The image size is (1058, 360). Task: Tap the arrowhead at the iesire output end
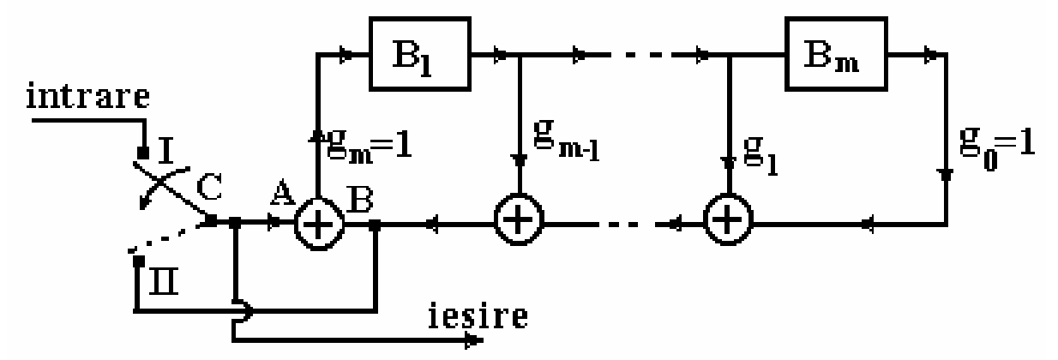click(x=471, y=341)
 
